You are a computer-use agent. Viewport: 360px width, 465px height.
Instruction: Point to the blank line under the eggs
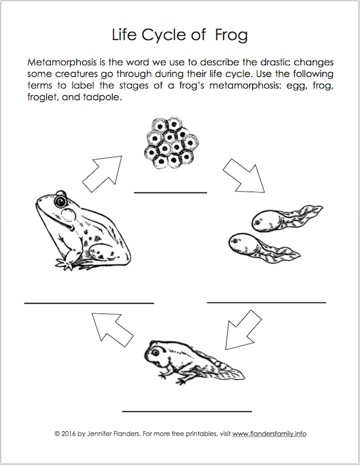[170, 193]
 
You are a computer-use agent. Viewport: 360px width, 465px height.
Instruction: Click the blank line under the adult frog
[89, 303]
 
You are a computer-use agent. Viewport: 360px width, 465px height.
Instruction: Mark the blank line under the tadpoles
[266, 302]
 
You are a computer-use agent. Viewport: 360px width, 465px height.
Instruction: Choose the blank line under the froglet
[187, 411]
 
